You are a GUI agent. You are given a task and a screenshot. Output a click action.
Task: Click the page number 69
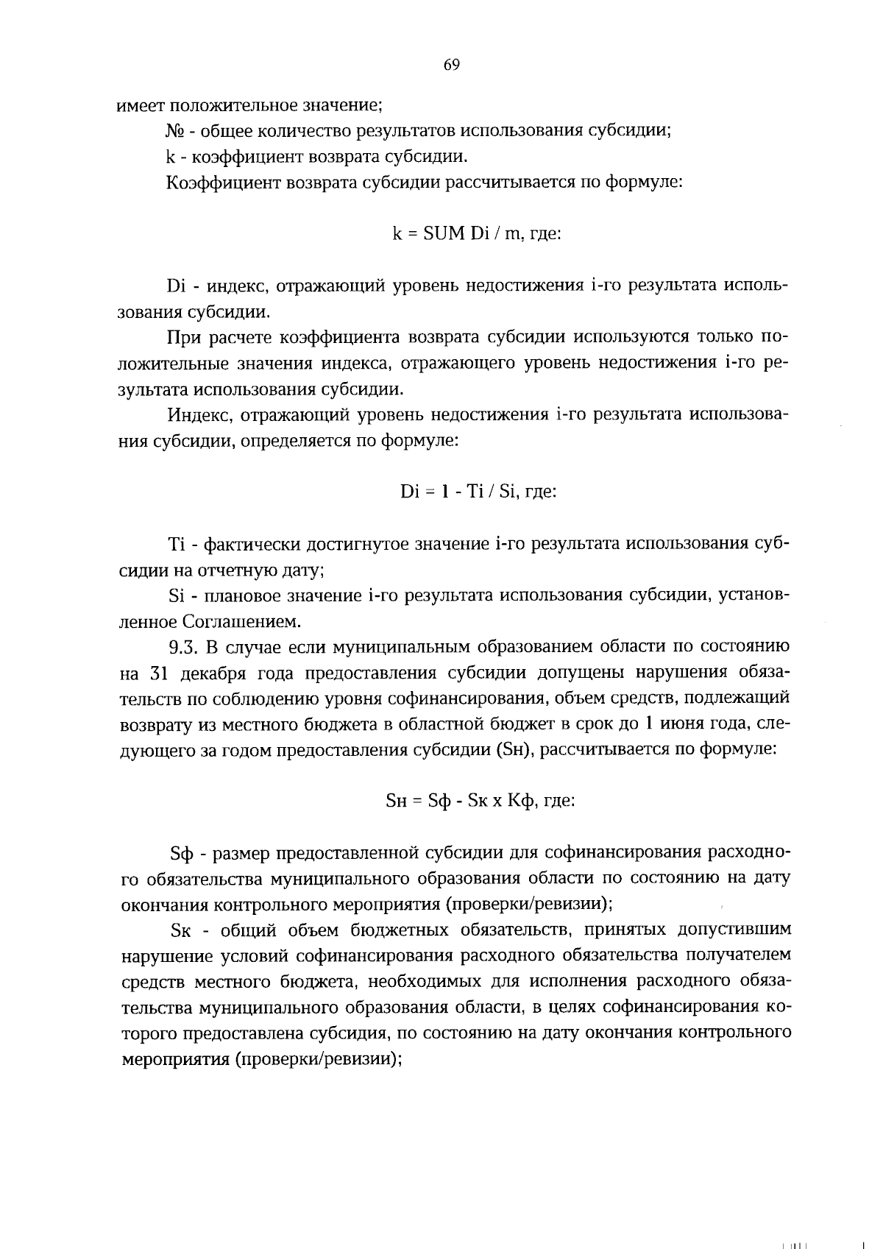point(451,66)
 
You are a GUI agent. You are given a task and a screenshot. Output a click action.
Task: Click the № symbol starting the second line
point(174,132)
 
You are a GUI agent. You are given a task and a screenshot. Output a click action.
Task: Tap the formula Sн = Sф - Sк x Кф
point(480,800)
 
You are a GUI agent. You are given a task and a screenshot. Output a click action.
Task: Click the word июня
point(682,724)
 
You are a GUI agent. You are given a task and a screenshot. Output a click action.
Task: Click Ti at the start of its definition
point(176,545)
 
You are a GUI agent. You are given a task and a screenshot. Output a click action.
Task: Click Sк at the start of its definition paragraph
point(180,930)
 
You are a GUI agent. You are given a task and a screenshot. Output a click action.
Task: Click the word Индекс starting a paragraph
point(191,415)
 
